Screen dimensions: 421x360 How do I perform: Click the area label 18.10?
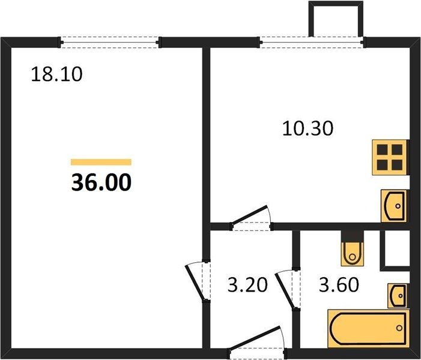click(x=56, y=74)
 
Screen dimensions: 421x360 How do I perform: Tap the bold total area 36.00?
click(x=101, y=182)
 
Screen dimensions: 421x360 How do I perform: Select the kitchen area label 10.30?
click(x=307, y=128)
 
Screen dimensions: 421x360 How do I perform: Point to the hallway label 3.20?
click(x=247, y=284)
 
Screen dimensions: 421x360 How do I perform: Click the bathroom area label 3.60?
click(x=339, y=284)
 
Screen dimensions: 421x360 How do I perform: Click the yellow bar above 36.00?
click(x=101, y=162)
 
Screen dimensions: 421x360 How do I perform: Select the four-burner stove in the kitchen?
click(x=390, y=157)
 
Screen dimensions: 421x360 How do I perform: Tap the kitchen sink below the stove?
click(x=394, y=206)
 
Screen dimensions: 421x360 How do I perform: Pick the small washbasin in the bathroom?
click(x=397, y=295)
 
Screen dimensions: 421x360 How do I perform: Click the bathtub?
click(x=368, y=329)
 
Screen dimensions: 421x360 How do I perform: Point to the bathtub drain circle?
click(x=399, y=328)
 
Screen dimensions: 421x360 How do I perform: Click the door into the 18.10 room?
click(x=199, y=281)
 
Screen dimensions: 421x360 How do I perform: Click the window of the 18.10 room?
click(x=110, y=43)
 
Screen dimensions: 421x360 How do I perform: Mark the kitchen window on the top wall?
click(x=312, y=43)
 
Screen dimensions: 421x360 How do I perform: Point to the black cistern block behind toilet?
click(x=353, y=236)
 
